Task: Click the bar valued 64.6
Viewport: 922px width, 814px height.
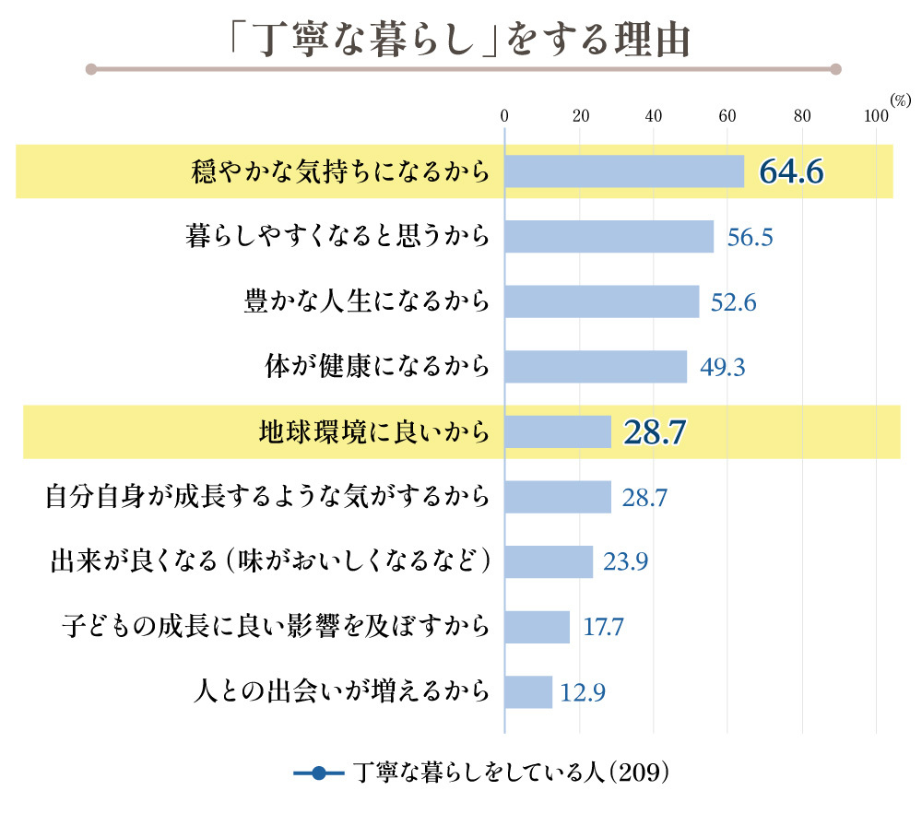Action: [624, 171]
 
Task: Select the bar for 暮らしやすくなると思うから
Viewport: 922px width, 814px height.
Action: [609, 237]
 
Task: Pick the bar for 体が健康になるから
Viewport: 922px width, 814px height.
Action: [596, 367]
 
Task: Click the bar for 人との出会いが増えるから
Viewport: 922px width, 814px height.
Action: [528, 691]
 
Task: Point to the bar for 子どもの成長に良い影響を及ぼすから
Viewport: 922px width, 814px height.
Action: [538, 627]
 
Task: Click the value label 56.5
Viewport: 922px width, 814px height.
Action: [749, 237]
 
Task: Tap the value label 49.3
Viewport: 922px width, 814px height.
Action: [723, 367]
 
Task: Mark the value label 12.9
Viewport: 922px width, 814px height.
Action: [583, 691]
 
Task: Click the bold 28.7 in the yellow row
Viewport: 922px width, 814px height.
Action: [657, 431]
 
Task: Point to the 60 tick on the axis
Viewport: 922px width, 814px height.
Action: [727, 116]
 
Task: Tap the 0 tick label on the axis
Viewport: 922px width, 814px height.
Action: [504, 116]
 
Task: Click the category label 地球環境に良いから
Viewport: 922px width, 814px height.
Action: [373, 431]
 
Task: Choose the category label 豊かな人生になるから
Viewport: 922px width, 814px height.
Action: [366, 302]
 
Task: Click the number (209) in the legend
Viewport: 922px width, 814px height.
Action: [637, 773]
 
